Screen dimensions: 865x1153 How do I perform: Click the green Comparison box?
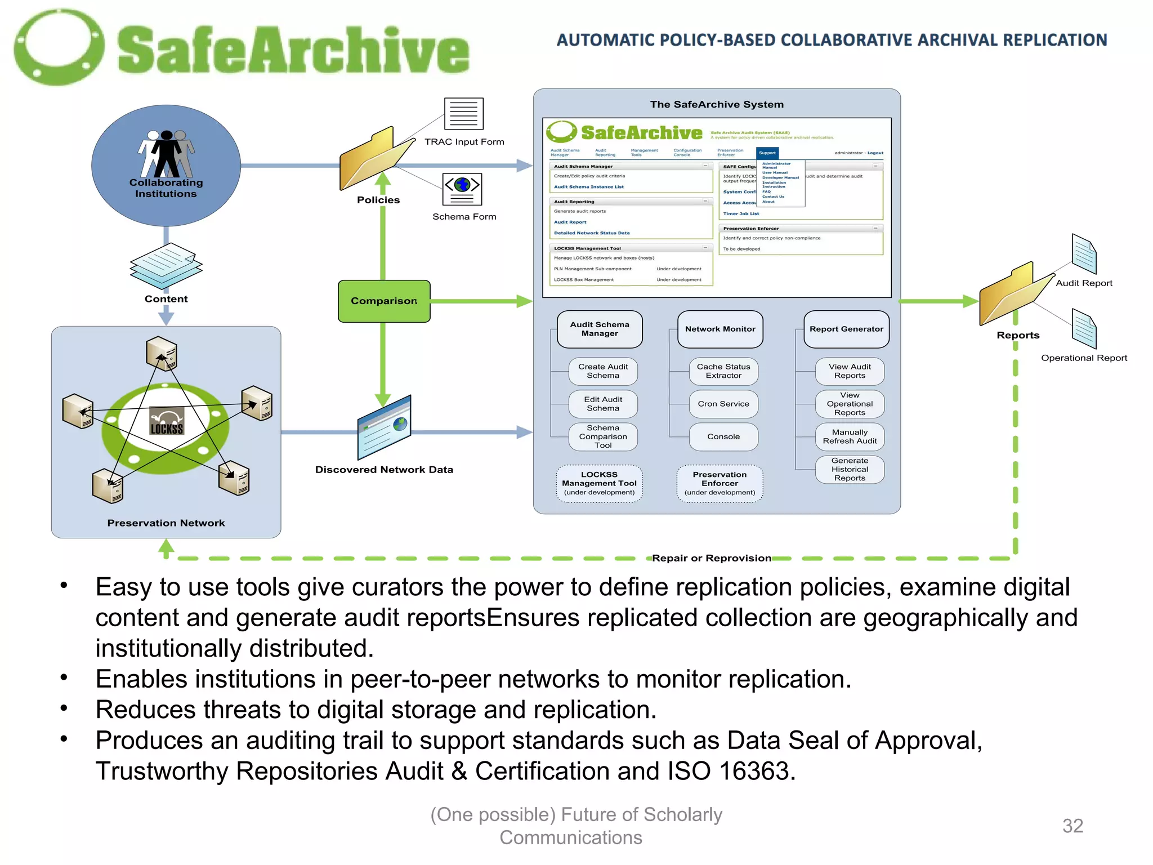click(x=384, y=301)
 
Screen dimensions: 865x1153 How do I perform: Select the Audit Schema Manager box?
click(x=600, y=329)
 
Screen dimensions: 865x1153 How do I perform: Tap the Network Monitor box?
click(x=720, y=329)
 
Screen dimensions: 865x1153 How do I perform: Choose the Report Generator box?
click(x=846, y=329)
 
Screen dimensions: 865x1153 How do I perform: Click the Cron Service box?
click(x=723, y=404)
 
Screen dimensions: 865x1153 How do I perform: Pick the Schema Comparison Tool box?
click(x=603, y=436)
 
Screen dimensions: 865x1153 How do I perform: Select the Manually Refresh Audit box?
click(x=850, y=436)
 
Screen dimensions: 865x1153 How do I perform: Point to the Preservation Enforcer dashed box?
click(x=719, y=483)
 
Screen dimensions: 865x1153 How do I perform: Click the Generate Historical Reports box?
click(x=850, y=469)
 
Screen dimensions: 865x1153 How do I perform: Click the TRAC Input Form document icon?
click(x=464, y=114)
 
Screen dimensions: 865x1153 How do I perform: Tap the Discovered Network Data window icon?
click(x=385, y=428)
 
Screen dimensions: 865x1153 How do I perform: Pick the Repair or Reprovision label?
click(x=712, y=558)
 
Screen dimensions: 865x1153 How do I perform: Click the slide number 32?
click(x=1072, y=826)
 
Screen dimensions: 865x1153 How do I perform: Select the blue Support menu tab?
click(x=767, y=153)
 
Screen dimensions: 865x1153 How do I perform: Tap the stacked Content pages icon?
click(x=166, y=266)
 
